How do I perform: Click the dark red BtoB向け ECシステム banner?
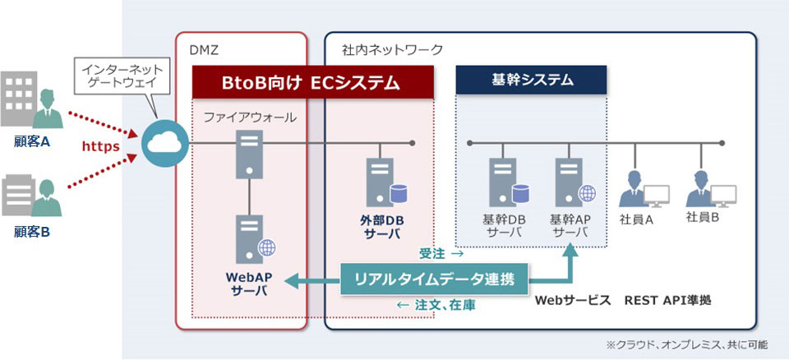point(312,82)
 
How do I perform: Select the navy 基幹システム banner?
point(531,81)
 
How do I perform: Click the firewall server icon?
point(248,155)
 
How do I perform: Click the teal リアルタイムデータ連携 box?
point(434,279)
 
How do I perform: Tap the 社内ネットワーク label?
point(392,50)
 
